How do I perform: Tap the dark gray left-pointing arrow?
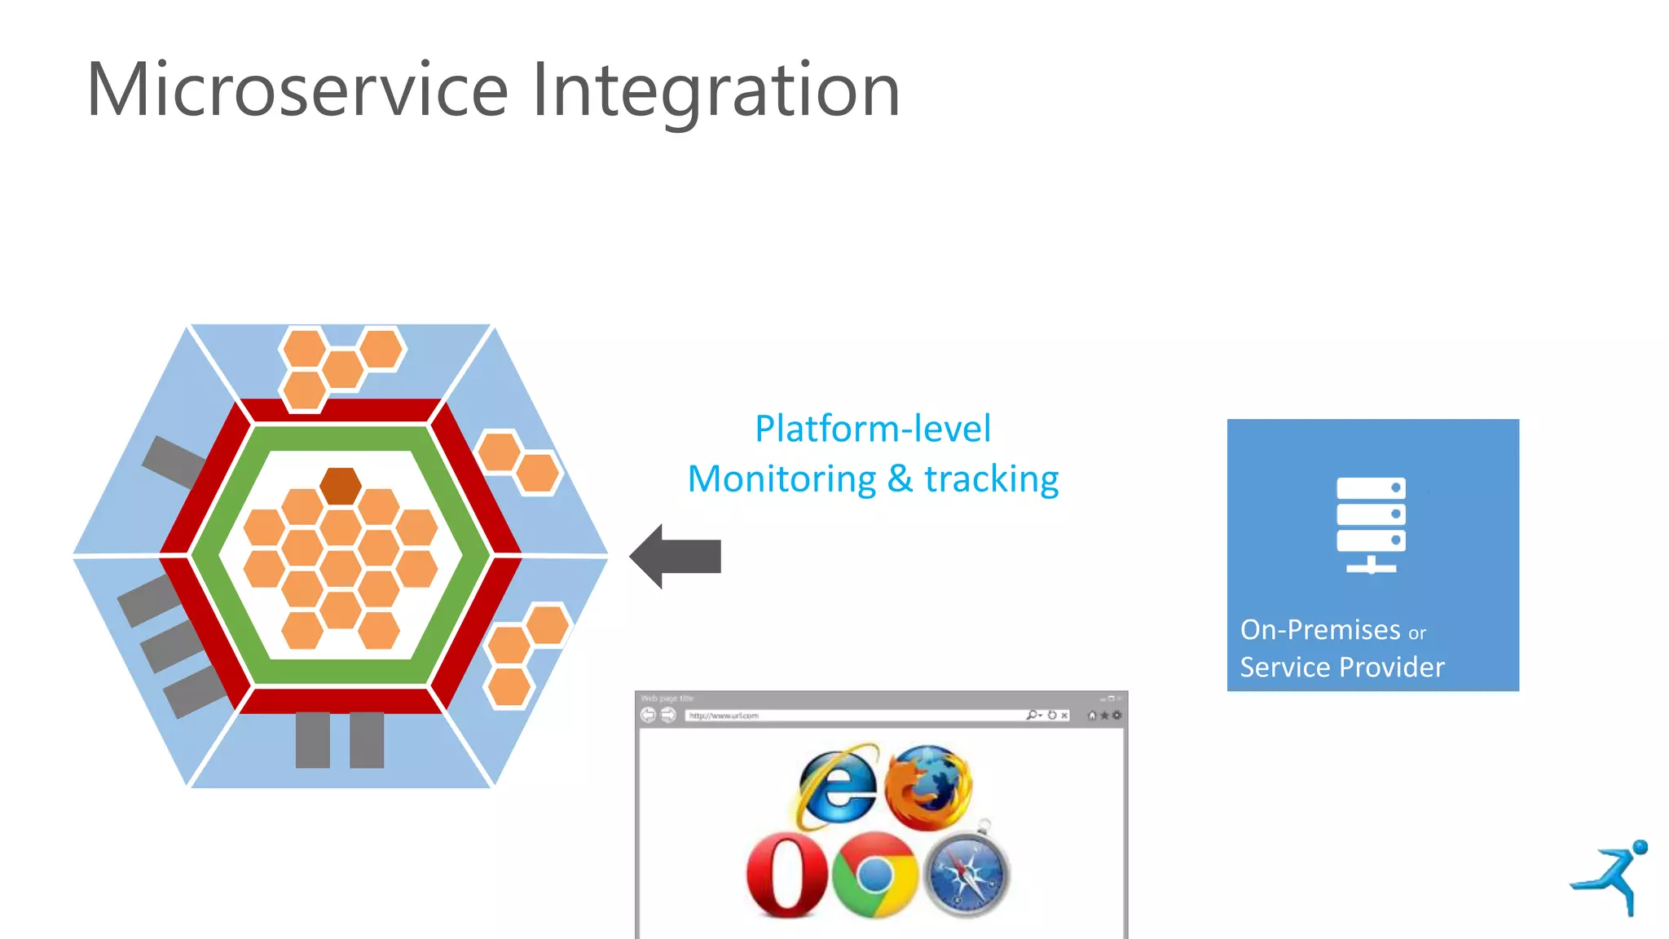(676, 556)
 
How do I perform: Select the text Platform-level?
(873, 429)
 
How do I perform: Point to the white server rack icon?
(1371, 525)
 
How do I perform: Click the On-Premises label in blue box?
(1320, 630)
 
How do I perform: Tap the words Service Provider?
(1341, 668)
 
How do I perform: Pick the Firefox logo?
(928, 787)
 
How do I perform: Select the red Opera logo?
(786, 875)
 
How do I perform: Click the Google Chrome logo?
(875, 875)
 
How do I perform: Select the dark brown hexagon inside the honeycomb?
(340, 486)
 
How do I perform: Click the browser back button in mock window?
(648, 716)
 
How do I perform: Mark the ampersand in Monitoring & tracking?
(899, 479)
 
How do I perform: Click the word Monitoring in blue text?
(782, 479)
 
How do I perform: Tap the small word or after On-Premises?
(1416, 633)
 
